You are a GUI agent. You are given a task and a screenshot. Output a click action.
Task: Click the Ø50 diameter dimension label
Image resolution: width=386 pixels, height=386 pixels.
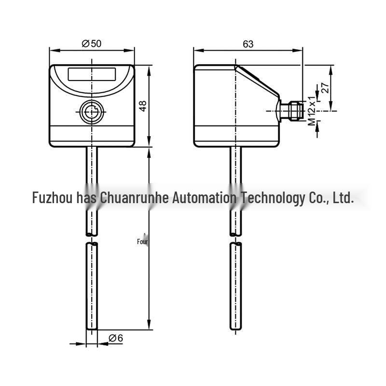pos(91,43)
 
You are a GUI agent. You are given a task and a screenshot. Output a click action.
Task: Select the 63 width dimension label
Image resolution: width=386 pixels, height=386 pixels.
pos(248,44)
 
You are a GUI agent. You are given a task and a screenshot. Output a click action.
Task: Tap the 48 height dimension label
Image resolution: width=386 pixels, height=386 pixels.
pos(142,106)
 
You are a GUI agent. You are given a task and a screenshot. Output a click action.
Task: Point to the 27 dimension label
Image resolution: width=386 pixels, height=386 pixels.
pos(325,88)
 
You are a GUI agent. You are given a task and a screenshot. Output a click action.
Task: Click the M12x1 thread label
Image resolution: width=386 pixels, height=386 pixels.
pos(312,110)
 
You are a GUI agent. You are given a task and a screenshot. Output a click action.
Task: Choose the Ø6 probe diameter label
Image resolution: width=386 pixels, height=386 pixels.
pos(116,338)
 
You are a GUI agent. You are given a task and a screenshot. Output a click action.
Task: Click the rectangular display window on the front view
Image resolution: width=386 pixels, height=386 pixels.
pos(92,74)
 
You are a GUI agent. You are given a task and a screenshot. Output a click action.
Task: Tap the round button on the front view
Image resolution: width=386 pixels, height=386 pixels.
pos(92,112)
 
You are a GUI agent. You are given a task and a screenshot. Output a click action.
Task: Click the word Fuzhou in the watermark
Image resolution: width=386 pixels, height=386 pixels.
pos(53,197)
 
